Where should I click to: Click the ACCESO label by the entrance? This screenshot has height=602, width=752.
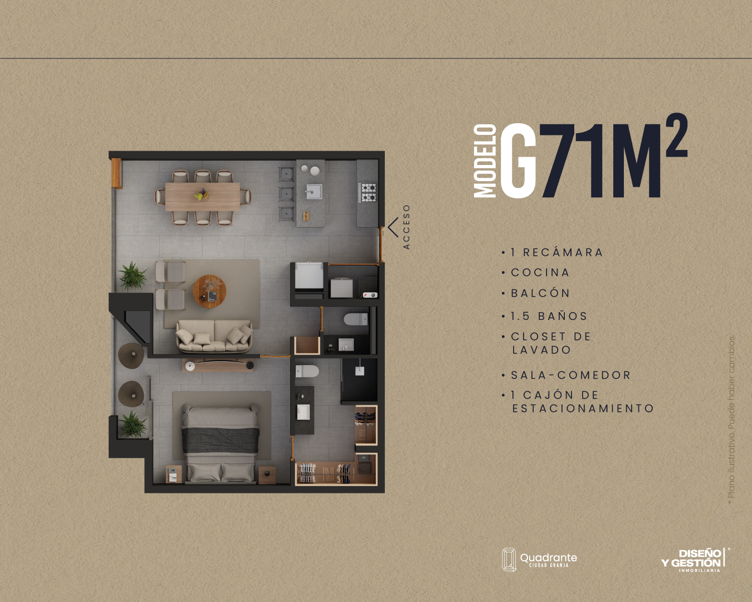406,227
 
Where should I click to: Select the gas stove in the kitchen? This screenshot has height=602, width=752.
368,193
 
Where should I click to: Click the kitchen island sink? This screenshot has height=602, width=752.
314,191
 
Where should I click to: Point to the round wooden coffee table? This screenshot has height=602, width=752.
209,292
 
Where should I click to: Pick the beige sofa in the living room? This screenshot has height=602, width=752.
214,336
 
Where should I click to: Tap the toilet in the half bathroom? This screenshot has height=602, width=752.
355,319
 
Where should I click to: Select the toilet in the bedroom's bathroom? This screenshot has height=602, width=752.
307,371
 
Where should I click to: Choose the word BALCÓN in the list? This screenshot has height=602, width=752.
540,293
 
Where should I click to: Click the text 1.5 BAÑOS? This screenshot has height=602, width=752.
549,316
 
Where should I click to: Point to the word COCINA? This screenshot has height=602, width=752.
540,273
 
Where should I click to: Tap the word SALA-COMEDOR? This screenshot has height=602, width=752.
570,375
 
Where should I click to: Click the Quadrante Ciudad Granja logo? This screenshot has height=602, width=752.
539,560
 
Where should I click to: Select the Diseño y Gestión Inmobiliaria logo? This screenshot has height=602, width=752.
695,560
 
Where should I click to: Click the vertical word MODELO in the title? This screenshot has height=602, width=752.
485,161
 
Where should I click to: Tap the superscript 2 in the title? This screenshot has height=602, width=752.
676,135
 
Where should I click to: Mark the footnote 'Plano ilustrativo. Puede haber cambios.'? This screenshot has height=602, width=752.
731,419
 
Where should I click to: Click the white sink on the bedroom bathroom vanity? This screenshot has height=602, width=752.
304,412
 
